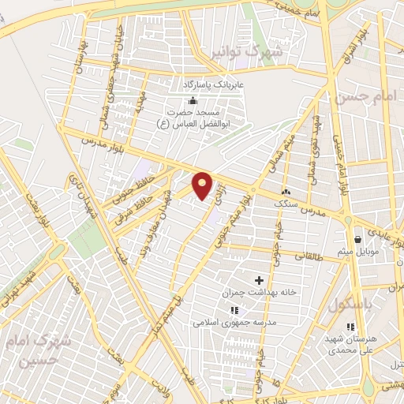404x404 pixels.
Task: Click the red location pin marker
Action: (203, 185)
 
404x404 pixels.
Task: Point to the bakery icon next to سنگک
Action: (286, 192)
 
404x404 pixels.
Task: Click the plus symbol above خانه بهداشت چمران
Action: (259, 279)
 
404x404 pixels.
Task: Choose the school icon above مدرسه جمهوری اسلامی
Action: (233, 310)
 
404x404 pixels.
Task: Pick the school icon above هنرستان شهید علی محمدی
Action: (350, 327)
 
